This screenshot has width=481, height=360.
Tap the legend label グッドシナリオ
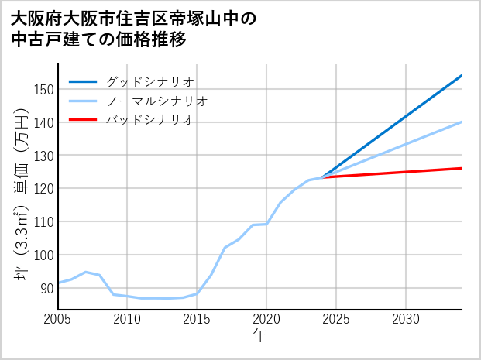[150, 81]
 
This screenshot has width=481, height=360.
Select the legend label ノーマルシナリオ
[157, 101]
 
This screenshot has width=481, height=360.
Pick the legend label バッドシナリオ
[150, 120]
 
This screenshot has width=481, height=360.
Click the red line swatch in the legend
[83, 120]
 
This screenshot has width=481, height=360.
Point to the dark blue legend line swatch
[83, 81]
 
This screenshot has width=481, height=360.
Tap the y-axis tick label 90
[46, 288]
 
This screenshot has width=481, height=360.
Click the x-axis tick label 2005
[58, 319]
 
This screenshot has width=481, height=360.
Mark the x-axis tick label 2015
[197, 319]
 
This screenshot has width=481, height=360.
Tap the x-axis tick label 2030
[406, 319]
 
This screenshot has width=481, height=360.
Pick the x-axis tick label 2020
[266, 319]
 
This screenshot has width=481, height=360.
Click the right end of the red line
[461, 168]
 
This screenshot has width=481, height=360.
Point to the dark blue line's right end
[461, 76]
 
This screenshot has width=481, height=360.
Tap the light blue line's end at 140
[461, 122]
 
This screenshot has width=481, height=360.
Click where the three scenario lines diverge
[322, 177]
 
